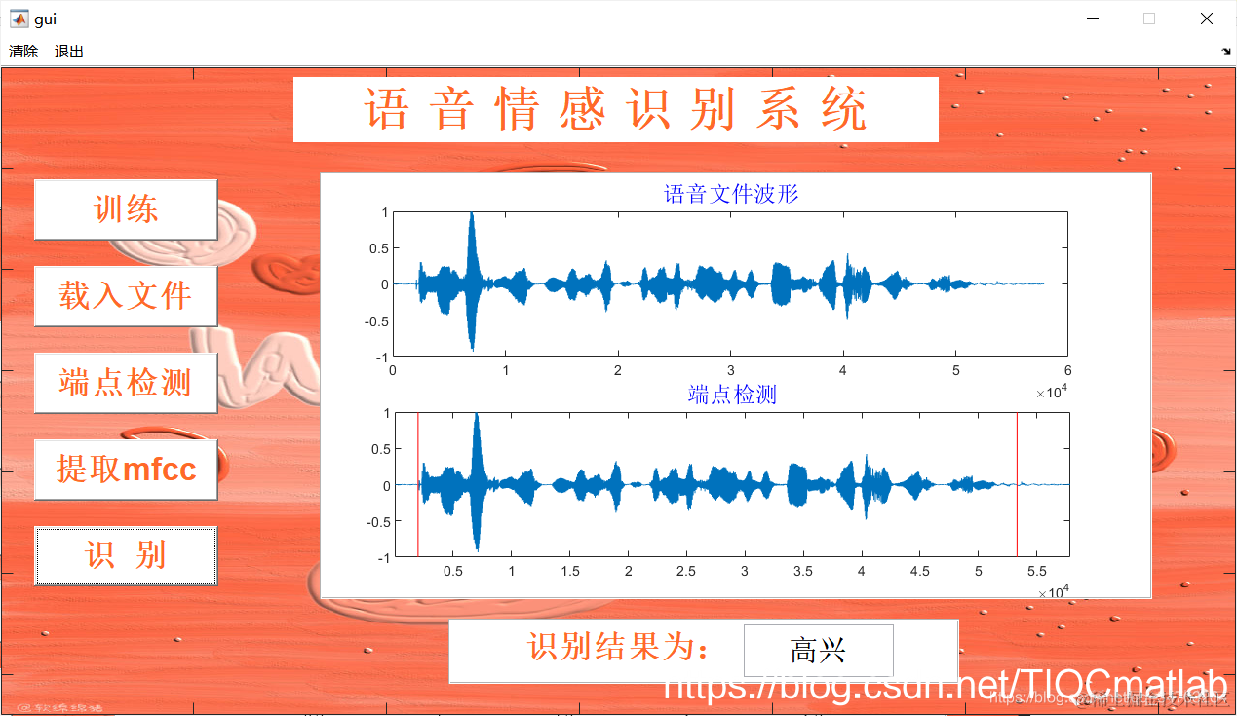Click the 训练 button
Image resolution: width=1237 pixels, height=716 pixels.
(126, 209)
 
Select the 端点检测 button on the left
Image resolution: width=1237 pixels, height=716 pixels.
(126, 383)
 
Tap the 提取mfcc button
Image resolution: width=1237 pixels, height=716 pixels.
(126, 470)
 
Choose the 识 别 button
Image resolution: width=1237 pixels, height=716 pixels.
(126, 555)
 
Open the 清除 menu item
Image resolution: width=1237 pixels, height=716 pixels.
(23, 52)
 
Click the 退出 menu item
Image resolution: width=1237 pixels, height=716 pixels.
(69, 52)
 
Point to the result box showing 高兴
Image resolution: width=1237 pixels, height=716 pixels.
(818, 651)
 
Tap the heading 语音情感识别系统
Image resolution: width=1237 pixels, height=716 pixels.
(615, 109)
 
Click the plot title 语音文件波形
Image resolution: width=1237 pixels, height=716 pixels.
(731, 194)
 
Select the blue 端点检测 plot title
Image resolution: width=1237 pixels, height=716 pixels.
(732, 395)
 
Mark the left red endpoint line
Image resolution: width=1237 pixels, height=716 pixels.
(417, 485)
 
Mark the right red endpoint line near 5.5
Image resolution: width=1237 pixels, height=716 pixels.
(1017, 485)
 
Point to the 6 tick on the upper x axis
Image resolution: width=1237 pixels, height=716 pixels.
(1068, 371)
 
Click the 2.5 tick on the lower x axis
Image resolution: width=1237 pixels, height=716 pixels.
(686, 571)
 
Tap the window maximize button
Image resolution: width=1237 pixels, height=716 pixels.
(1149, 19)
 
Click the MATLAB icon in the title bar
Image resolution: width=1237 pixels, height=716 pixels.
(19, 19)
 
